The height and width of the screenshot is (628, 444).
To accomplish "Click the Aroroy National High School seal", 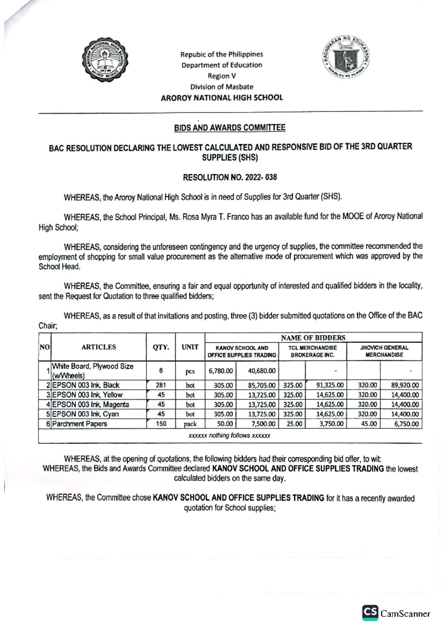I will coord(105,61).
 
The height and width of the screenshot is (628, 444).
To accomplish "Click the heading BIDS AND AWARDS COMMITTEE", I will coord(230,128).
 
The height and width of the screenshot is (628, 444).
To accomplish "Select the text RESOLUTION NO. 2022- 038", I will coord(230,177).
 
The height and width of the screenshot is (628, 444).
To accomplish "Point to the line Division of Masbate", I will coord(222,87).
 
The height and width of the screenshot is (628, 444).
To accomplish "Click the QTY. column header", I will coord(161,347).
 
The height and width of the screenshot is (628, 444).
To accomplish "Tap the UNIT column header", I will coord(190,347).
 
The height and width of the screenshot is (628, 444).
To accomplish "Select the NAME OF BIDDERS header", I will coord(313,338).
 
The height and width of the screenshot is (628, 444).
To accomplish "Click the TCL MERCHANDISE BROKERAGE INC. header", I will coord(313,351).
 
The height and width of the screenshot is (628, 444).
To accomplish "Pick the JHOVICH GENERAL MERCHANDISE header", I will coord(384,351).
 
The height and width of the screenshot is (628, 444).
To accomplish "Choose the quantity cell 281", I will coord(161,385).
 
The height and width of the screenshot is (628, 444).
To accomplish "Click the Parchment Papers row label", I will coord(80,424).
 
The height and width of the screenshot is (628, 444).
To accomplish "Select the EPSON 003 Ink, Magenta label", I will coord(90,404).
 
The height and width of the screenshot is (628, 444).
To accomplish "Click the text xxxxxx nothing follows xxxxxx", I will coord(229,436).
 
